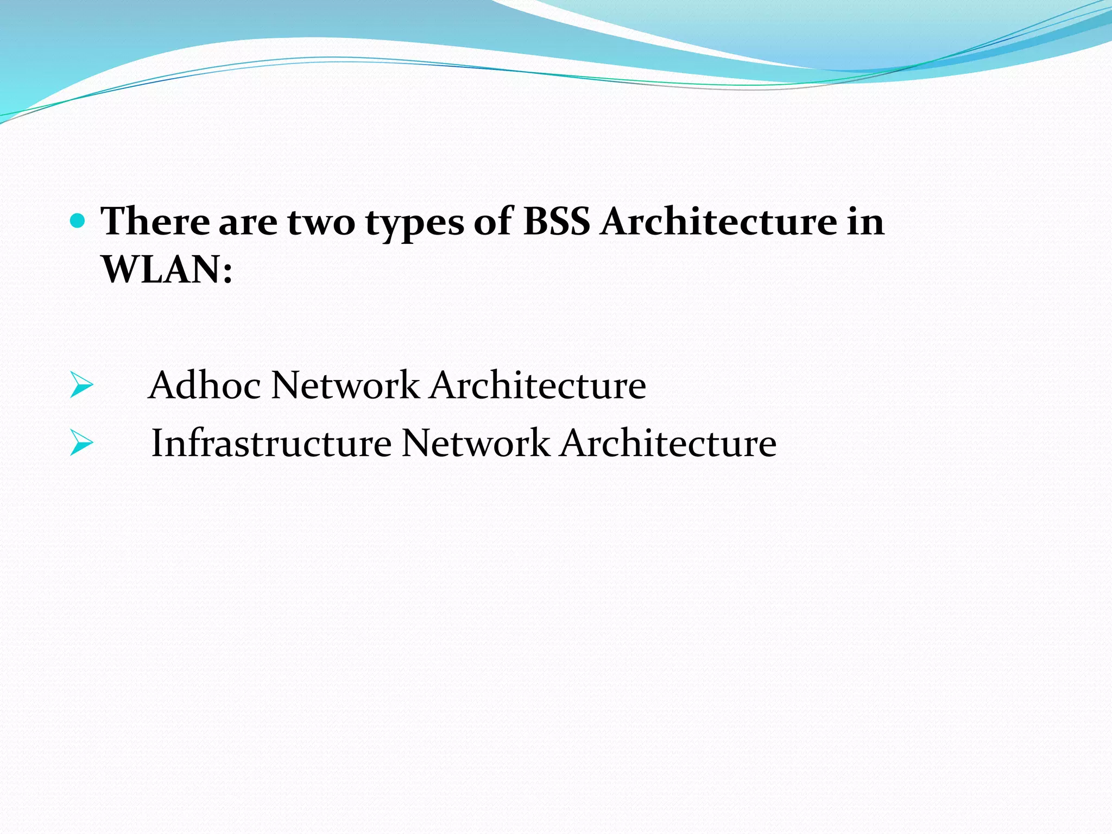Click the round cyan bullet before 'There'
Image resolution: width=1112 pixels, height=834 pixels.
78,220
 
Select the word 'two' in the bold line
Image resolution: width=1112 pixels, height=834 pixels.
321,223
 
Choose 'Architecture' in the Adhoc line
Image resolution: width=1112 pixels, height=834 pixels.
538,385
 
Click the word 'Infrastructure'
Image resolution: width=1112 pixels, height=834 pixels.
271,443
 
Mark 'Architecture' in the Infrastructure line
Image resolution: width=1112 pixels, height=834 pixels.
668,443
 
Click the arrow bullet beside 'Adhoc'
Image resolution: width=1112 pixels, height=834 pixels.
81,386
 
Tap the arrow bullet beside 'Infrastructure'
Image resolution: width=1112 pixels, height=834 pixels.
81,443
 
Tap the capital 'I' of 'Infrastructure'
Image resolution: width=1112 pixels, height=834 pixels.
157,443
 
